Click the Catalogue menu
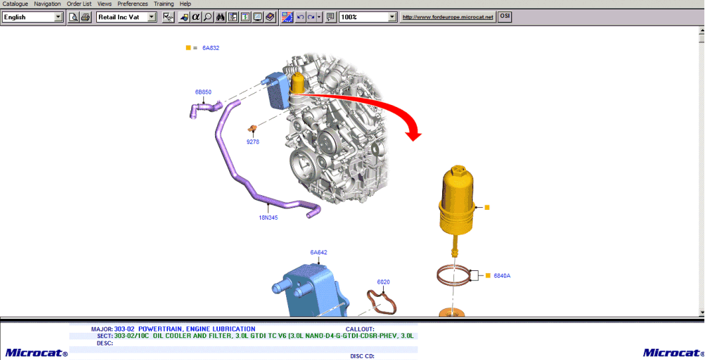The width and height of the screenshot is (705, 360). (15, 4)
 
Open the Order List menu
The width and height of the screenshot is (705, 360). (79, 4)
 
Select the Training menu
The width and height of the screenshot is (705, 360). (163, 4)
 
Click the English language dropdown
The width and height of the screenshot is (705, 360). (33, 17)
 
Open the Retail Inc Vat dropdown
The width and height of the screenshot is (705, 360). (126, 17)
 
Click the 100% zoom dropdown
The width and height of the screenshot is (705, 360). (368, 17)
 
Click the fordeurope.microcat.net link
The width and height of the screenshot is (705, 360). (448, 17)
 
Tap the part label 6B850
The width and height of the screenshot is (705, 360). (203, 92)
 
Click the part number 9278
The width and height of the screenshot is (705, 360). (253, 141)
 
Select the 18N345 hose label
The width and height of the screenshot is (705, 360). (268, 217)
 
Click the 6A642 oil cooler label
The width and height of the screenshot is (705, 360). (319, 252)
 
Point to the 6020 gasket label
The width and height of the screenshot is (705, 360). (384, 282)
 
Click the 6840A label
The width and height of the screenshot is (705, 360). (502, 275)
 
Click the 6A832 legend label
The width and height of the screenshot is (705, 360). (210, 48)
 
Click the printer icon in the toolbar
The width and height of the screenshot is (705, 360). (86, 17)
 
